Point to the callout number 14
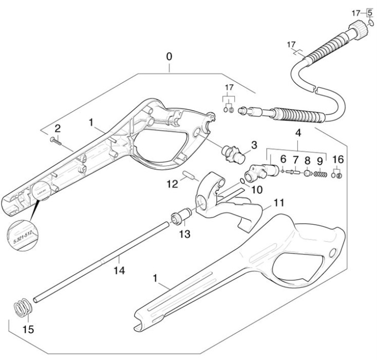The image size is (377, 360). click(119, 269)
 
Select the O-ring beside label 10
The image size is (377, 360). click(241, 181)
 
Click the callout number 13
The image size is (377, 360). click(184, 235)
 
